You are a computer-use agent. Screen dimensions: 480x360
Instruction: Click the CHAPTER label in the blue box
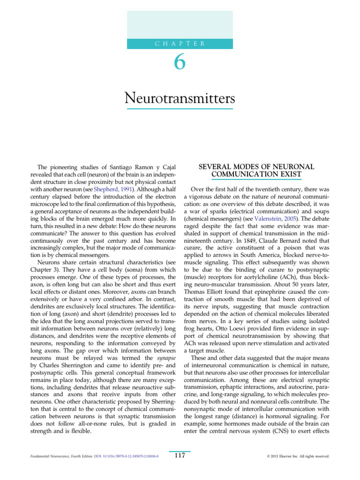click(x=180, y=44)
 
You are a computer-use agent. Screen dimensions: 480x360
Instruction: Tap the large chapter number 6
click(x=180, y=63)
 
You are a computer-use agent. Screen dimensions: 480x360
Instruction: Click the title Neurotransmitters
click(x=180, y=98)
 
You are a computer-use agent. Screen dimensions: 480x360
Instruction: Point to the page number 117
click(x=180, y=456)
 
